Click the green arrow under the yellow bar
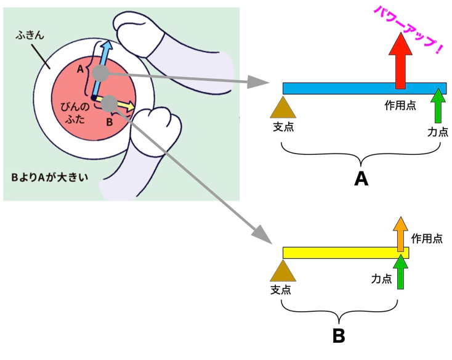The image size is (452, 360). coord(401,273)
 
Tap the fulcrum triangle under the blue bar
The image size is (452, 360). coord(283,107)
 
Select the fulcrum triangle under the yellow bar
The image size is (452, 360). coord(283,271)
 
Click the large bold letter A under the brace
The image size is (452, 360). coord(361,179)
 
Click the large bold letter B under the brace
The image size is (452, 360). coord(339,337)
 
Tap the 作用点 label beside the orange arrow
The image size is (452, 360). coord(426,237)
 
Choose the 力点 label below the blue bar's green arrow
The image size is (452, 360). coord(438,131)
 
